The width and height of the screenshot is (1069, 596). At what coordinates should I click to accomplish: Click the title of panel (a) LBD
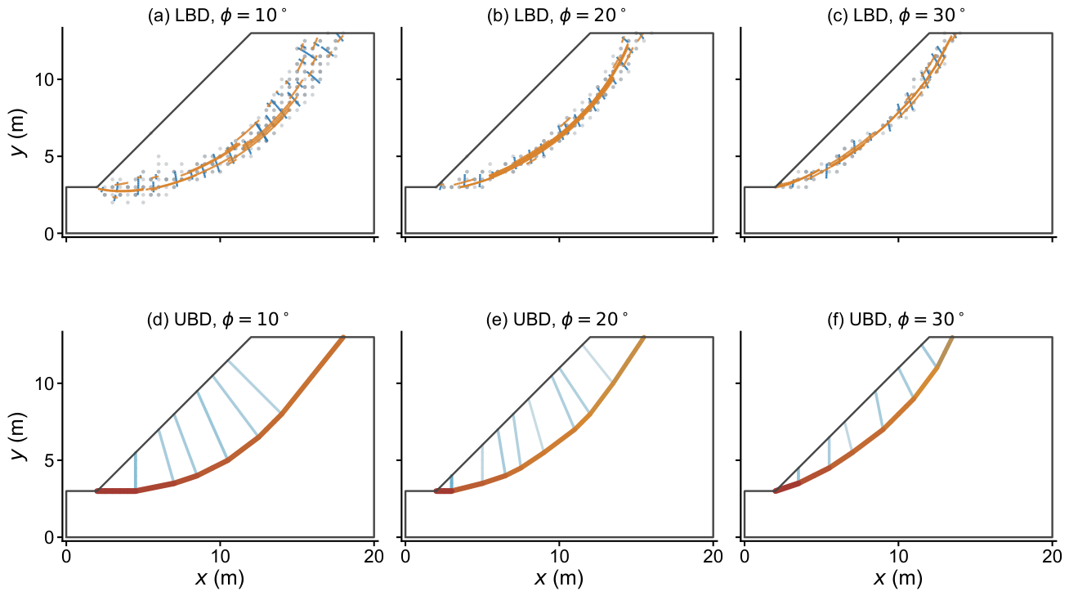coord(217,16)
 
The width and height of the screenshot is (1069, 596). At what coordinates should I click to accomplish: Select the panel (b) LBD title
coord(556,16)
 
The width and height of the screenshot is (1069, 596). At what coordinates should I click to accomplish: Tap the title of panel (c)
coord(895,16)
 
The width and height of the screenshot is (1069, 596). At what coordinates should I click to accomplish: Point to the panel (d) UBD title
coord(217,319)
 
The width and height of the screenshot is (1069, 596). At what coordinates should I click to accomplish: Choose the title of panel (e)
coord(557,319)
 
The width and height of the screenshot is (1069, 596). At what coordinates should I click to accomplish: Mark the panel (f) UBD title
coord(895,319)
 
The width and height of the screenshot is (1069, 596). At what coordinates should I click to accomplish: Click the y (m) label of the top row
coord(19,132)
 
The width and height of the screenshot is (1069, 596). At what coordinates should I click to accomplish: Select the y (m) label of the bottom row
coord(19,436)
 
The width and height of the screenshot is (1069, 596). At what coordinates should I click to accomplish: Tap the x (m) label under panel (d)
coord(220,578)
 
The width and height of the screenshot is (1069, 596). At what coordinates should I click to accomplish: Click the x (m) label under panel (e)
coord(559,578)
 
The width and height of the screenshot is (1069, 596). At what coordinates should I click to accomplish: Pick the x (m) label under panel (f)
coord(897,578)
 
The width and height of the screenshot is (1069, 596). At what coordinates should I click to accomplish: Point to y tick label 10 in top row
coord(45,79)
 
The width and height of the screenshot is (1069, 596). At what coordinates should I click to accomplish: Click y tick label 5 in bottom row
coord(51,460)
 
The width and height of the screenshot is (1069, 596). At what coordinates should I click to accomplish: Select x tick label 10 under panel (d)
coord(220,557)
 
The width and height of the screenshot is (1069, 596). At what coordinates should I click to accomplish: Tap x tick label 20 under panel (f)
coord(1052,557)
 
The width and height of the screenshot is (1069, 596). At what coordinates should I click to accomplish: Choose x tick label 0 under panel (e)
coord(405,557)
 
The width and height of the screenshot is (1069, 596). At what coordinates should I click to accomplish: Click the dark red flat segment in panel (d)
coord(116,491)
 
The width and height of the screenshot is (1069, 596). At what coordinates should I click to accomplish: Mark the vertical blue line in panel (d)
coord(136,471)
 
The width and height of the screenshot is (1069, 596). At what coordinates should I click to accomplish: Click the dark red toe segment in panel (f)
coord(786,487)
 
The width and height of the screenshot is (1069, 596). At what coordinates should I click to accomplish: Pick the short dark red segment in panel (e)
coord(444,491)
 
